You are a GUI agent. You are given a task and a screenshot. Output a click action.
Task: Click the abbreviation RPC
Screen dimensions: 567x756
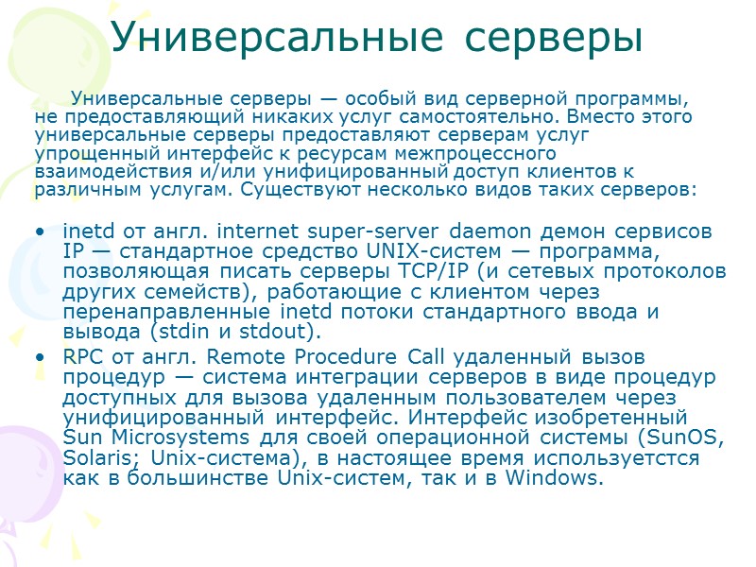(82, 357)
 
